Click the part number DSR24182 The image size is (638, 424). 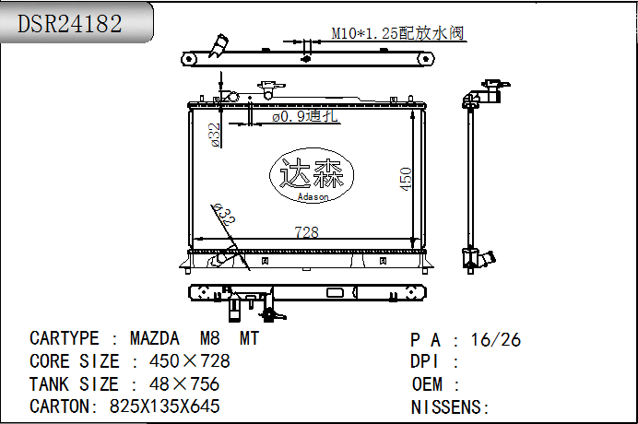pos(69,24)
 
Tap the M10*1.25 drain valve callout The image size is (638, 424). pos(397,33)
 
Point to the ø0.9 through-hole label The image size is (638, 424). pos(305,116)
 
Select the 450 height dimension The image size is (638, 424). pos(406,179)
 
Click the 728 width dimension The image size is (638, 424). pos(306,232)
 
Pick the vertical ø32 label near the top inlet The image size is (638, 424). pos(215,135)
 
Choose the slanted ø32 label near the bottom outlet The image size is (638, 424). pos(224,215)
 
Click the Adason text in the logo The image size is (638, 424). pos(313,197)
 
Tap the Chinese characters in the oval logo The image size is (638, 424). pos(312,173)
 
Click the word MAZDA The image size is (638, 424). pos(155,338)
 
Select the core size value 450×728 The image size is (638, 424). pos(190,361)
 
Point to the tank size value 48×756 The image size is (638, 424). pos(184,384)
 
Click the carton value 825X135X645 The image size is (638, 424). pos(165,406)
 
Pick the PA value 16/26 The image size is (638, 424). pos(496,340)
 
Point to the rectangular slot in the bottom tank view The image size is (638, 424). pos(335,292)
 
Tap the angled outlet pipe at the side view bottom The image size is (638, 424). pos(487,258)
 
